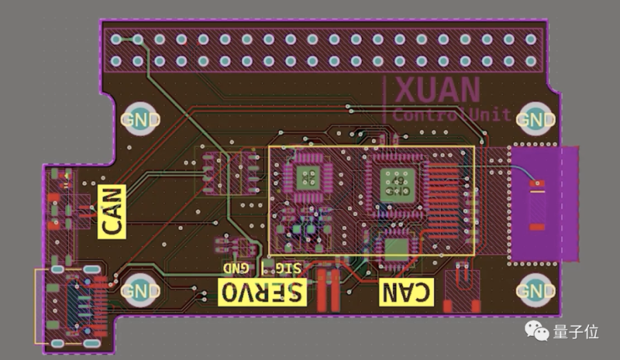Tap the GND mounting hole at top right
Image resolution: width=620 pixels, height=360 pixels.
(x=535, y=120)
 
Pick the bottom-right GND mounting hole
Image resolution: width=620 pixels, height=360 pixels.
(x=535, y=291)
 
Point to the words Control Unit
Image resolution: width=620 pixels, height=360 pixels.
(x=452, y=114)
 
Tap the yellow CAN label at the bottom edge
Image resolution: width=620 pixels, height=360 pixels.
(x=406, y=291)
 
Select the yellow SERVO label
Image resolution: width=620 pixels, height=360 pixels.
(x=262, y=291)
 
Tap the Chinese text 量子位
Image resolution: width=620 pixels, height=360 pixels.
(x=575, y=332)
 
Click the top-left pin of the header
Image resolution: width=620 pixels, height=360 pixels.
(x=116, y=39)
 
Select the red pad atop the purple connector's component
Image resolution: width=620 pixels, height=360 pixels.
(x=537, y=184)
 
